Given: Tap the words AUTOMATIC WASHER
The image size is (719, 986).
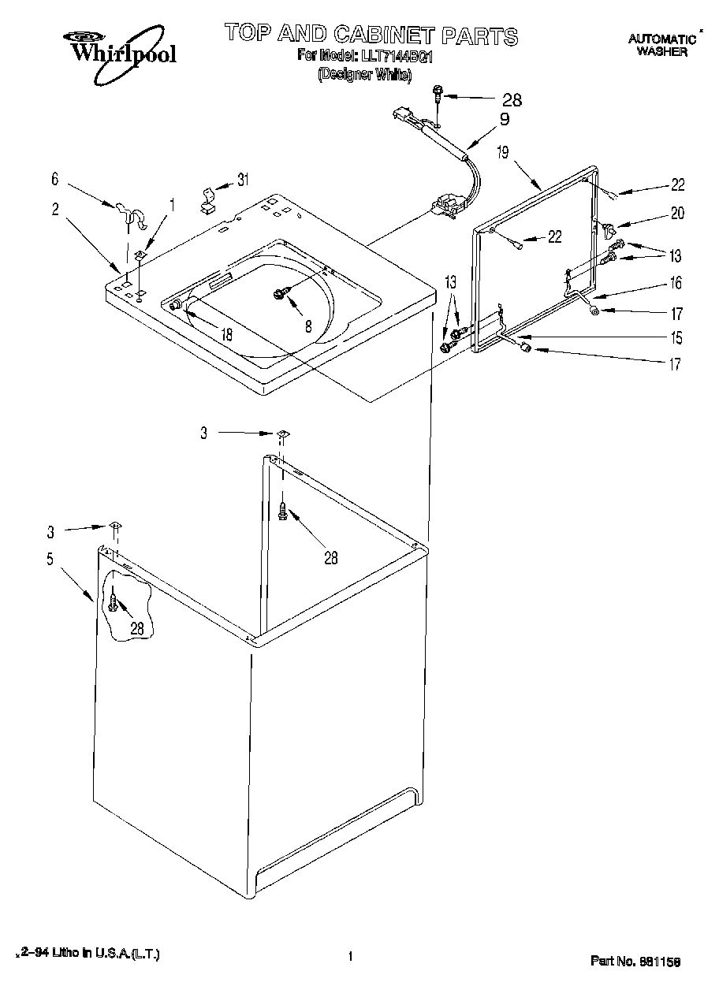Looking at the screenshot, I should click(661, 45).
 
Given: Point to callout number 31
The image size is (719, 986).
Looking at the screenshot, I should click(243, 180).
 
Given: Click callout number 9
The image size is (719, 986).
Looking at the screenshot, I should click(504, 120).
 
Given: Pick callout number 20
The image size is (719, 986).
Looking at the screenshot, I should click(677, 212).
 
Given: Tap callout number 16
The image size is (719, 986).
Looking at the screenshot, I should click(676, 283).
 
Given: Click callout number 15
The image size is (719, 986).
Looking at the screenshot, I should click(676, 338).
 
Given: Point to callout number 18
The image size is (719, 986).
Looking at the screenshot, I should click(226, 334).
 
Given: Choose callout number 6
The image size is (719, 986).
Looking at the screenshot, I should click(55, 180).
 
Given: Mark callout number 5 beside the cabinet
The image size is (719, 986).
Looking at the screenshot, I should click(50, 560).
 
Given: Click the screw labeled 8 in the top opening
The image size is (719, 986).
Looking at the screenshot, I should click(281, 293).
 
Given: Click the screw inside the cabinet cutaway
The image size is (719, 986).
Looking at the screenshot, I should click(114, 604).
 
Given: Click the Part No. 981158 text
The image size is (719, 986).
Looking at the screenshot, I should click(635, 961).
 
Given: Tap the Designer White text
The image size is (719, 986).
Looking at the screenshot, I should click(364, 75).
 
